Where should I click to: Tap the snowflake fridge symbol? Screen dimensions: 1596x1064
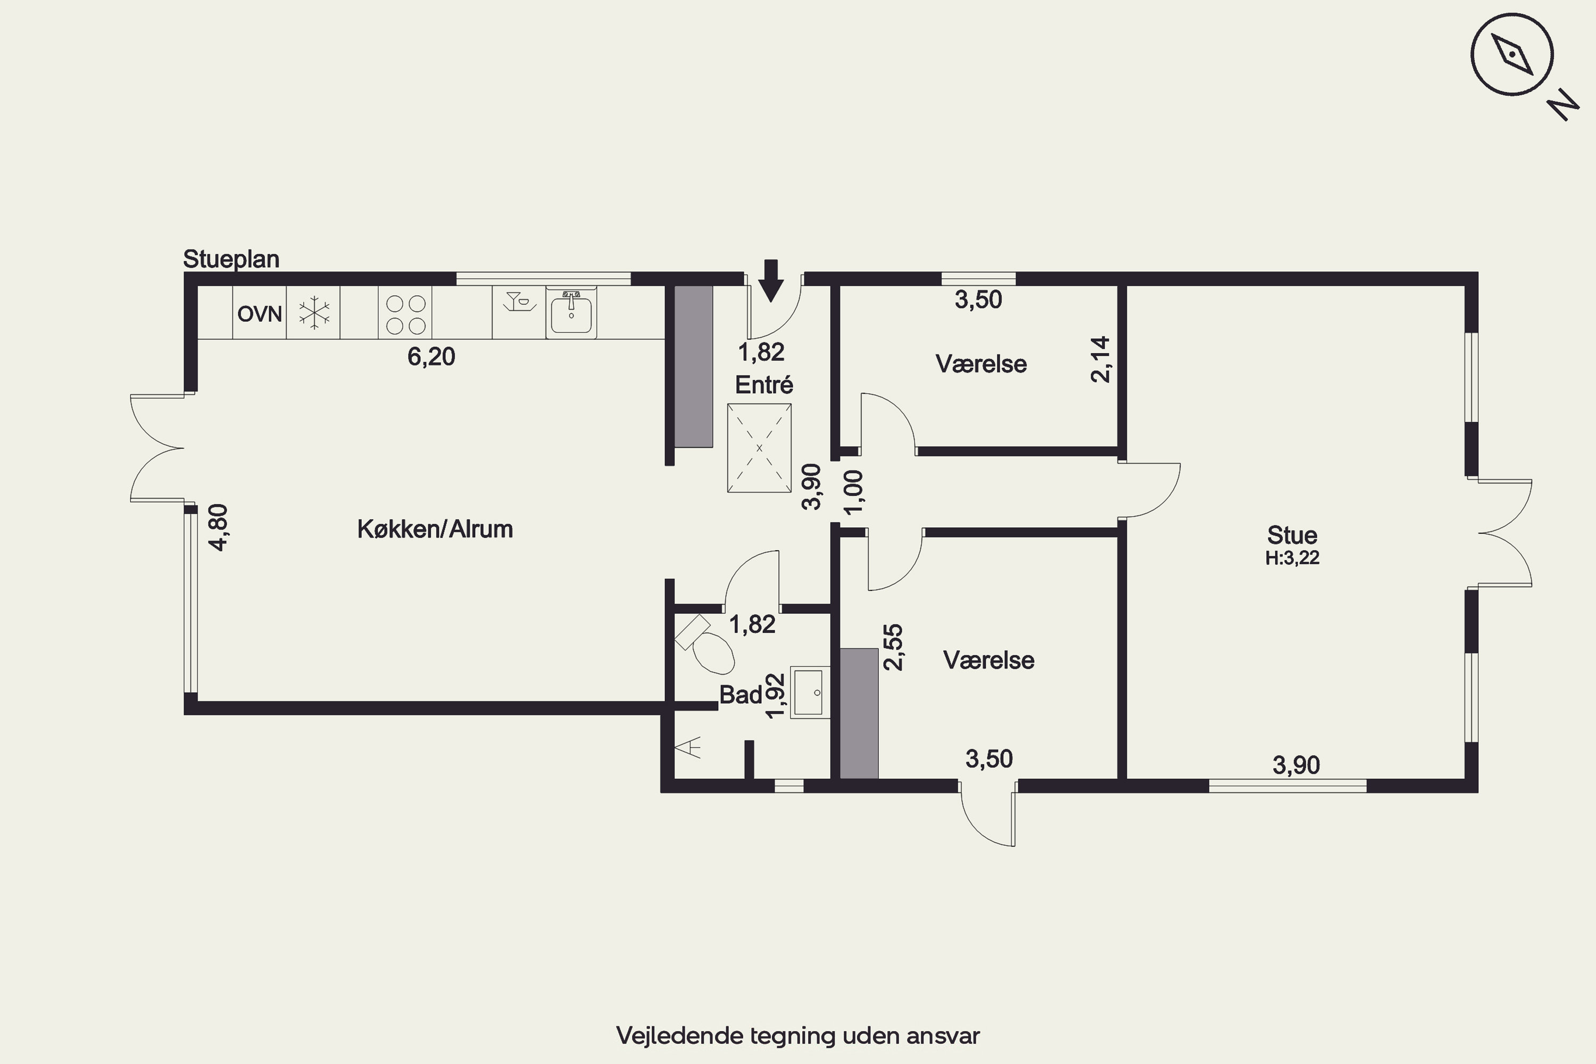pyautogui.click(x=314, y=313)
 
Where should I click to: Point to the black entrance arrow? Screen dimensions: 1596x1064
pyautogui.click(x=770, y=280)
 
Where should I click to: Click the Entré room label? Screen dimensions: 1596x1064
pyautogui.click(x=764, y=385)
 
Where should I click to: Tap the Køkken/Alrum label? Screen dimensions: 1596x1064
pyautogui.click(x=435, y=529)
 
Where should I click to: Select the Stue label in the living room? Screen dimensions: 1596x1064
pyautogui.click(x=1292, y=535)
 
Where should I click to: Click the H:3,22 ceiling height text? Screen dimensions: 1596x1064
pyautogui.click(x=1292, y=558)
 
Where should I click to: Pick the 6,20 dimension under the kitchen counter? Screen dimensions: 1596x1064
pyautogui.click(x=431, y=356)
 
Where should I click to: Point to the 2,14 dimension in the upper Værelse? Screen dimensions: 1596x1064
pyautogui.click(x=1100, y=360)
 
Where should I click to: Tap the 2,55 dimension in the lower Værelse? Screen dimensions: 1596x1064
pyautogui.click(x=893, y=647)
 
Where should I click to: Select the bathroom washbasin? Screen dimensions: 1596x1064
pyautogui.click(x=810, y=692)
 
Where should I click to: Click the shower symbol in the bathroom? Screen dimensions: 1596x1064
pyautogui.click(x=688, y=749)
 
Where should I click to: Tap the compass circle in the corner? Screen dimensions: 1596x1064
pyautogui.click(x=1512, y=54)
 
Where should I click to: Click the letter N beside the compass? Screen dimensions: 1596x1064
pyautogui.click(x=1563, y=105)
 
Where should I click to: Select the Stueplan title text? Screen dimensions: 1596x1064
pyautogui.click(x=231, y=259)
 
